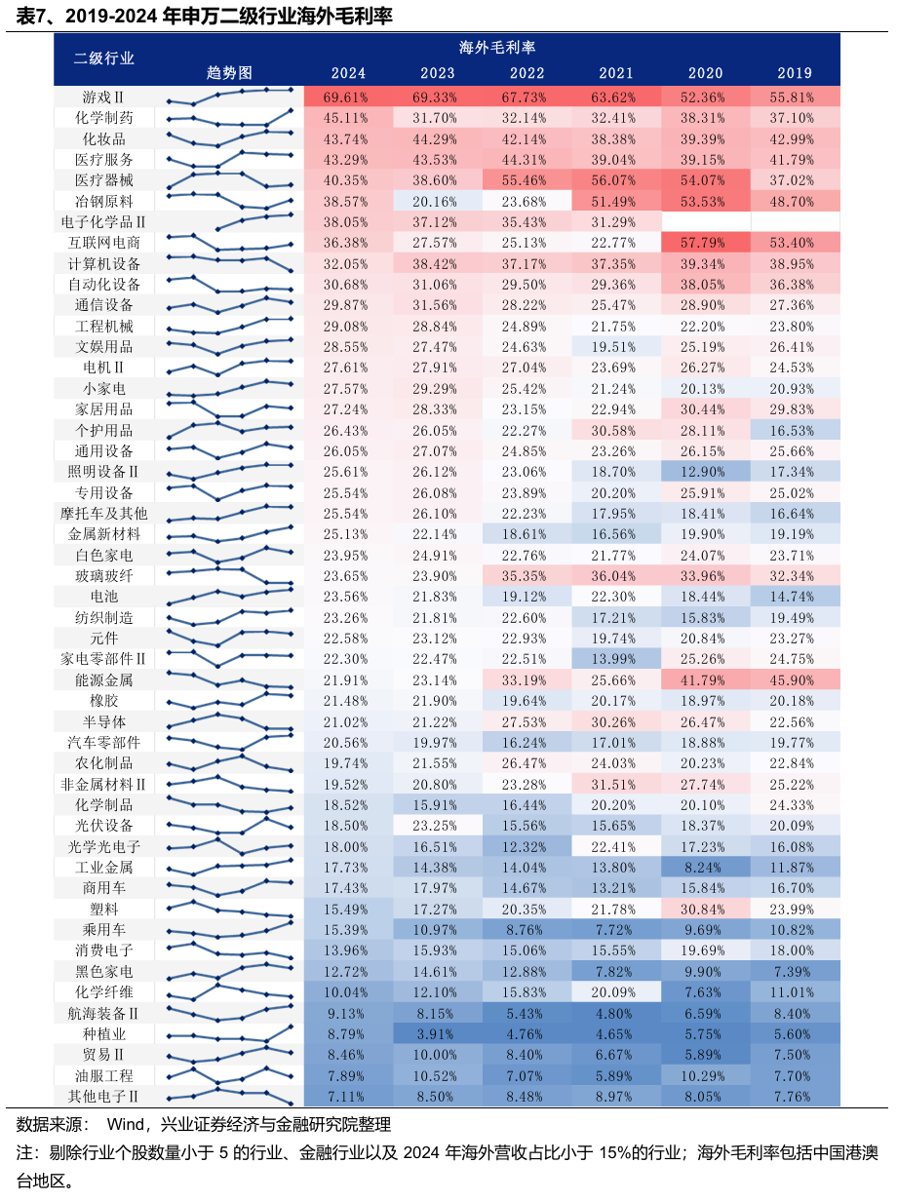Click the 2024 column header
click(348, 73)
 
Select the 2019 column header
click(795, 73)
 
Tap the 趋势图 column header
click(230, 73)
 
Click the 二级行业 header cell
click(104, 58)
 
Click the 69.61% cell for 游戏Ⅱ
click(348, 97)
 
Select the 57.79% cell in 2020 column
click(706, 243)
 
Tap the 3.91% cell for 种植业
click(438, 1033)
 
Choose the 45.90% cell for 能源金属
click(795, 679)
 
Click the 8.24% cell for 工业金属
click(706, 867)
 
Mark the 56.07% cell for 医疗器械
click(616, 180)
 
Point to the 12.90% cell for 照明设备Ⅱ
click(706, 471)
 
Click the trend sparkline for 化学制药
click(230, 118)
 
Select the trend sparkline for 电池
click(230, 596)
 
